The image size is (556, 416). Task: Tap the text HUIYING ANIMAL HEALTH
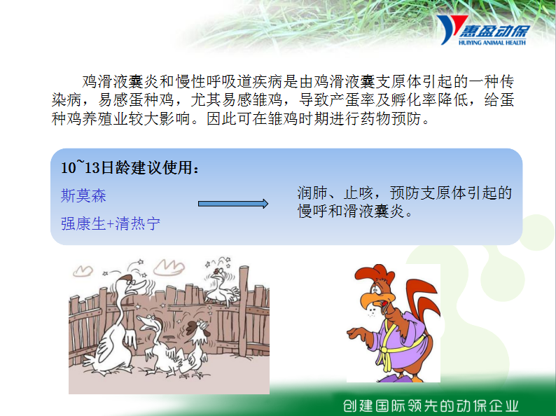[492, 43]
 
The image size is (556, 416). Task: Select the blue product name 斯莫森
[83, 196]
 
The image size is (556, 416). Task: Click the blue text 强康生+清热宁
[110, 223]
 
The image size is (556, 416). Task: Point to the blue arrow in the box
[233, 204]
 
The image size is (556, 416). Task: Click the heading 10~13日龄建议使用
[130, 167]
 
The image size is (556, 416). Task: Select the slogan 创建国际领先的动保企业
[431, 405]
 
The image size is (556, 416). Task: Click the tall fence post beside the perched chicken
[244, 310]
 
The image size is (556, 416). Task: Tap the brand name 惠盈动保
[494, 31]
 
